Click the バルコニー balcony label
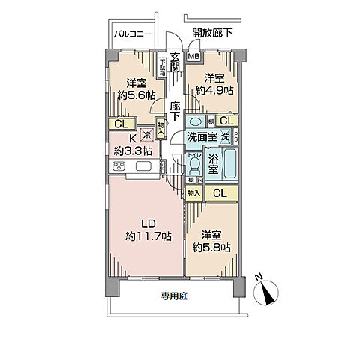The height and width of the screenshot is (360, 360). click(x=133, y=34)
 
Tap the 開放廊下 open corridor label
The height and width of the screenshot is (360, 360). click(x=212, y=33)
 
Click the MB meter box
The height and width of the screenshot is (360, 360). click(x=193, y=56)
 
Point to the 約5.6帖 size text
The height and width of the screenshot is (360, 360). click(x=136, y=94)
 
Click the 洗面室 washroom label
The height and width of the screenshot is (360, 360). click(x=202, y=137)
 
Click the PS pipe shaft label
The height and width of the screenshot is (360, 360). click(x=236, y=137)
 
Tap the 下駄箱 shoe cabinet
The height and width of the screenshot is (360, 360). click(x=162, y=68)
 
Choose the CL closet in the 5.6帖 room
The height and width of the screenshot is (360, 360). click(x=120, y=124)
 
